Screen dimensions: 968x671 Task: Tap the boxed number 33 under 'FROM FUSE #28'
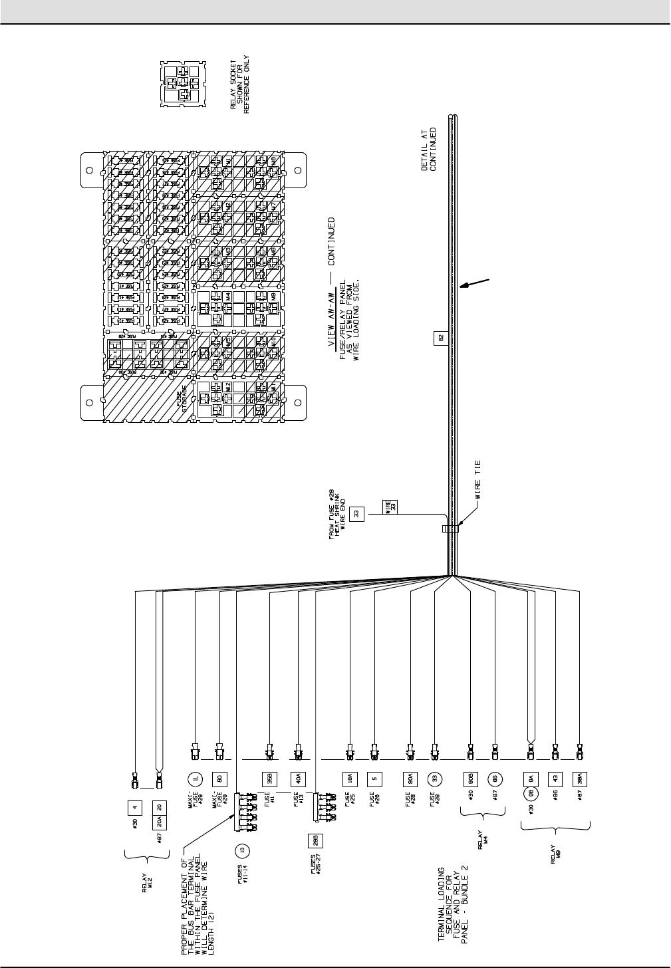tap(357, 513)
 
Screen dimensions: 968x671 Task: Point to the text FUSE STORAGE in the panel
tap(184, 398)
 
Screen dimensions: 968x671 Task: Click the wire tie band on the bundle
tap(450, 530)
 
